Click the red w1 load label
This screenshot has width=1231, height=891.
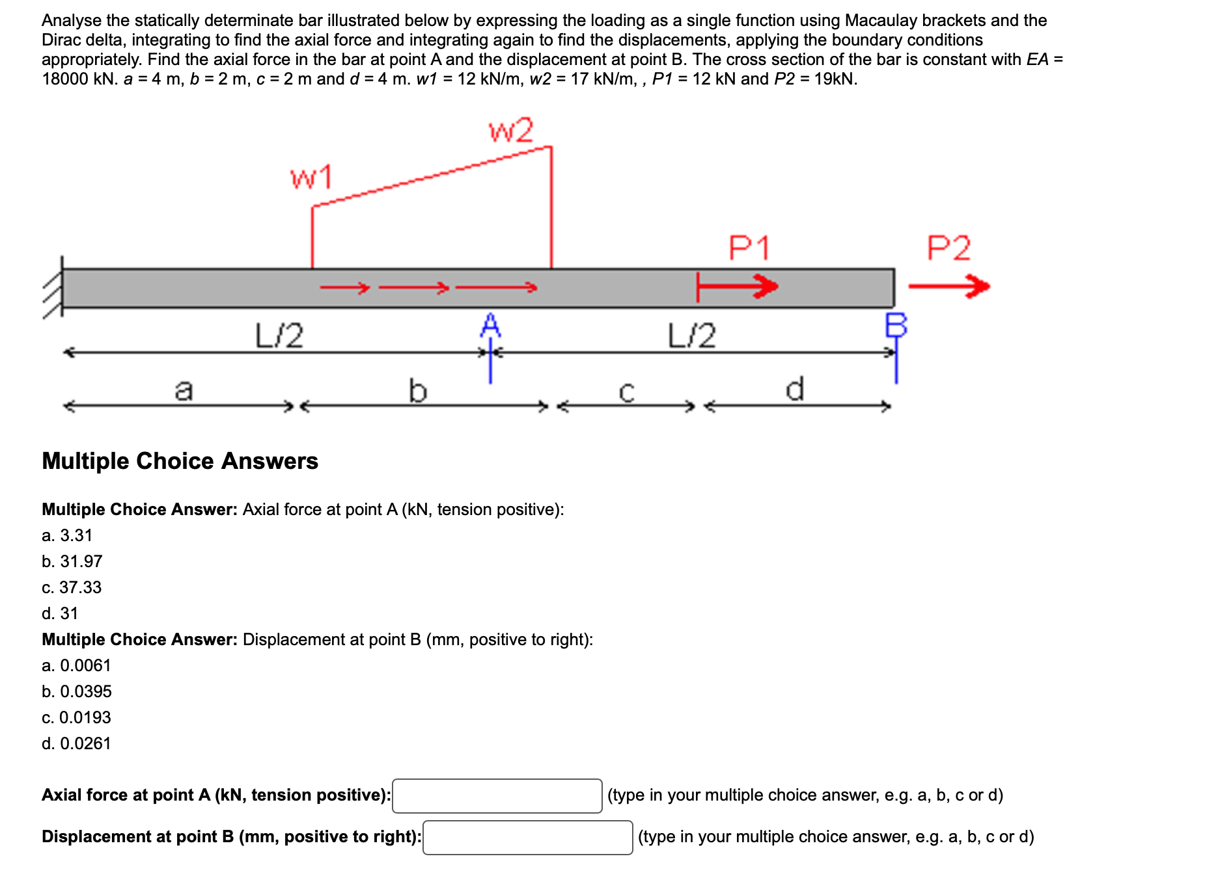(311, 178)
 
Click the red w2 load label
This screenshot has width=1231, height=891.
(511, 131)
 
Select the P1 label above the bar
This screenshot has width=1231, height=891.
(749, 248)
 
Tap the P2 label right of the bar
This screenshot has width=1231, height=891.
(948, 248)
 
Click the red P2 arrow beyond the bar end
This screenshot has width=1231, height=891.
(948, 286)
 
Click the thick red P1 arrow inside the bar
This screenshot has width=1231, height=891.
(737, 286)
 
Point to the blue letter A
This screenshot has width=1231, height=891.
(490, 325)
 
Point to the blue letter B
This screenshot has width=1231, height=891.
(896, 325)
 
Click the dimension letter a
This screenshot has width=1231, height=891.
(184, 390)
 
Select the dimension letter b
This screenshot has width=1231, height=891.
(417, 391)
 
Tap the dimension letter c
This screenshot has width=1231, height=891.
(626, 392)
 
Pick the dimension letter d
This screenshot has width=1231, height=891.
(795, 389)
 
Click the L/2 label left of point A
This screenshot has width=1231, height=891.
(279, 336)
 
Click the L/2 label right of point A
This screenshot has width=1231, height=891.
(692, 336)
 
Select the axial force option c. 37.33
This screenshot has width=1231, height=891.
(72, 587)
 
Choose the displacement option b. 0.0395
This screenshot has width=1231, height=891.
(77, 691)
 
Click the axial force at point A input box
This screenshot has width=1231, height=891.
(497, 796)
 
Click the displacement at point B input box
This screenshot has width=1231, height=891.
(527, 838)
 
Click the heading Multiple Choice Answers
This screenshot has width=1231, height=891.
(180, 461)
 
